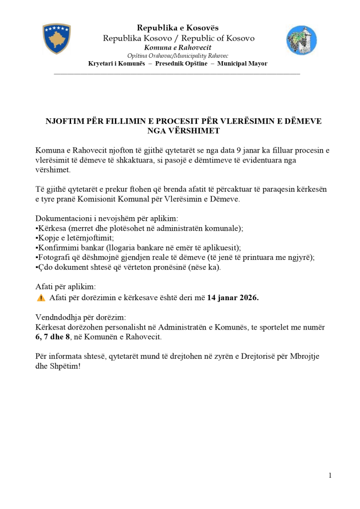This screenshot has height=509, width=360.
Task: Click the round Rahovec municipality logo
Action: click(x=301, y=40)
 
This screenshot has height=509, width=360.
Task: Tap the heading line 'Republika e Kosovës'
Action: click(x=178, y=28)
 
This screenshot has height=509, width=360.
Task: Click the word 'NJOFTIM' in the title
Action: click(x=65, y=121)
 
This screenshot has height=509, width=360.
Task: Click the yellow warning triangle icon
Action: click(x=41, y=298)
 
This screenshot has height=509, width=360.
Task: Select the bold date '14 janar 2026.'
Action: click(x=233, y=298)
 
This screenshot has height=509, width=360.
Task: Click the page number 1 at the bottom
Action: click(x=330, y=476)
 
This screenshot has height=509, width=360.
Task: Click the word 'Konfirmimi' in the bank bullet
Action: click(x=56, y=248)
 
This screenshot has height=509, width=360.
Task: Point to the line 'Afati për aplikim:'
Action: click(x=66, y=287)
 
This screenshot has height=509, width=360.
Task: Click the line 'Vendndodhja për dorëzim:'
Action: click(x=81, y=317)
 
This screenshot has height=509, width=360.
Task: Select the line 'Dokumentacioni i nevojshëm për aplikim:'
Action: click(x=106, y=219)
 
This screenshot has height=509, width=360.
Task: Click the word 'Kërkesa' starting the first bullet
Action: click(x=52, y=228)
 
